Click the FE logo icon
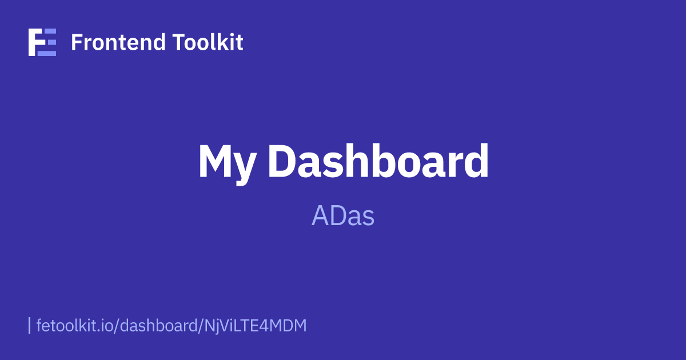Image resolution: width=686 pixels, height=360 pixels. tap(42, 42)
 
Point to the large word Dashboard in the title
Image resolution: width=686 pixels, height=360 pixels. tap(379, 162)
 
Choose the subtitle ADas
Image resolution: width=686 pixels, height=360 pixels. tap(343, 217)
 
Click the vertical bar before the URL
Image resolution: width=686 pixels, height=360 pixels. tap(29, 325)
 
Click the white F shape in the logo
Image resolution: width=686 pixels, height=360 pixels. tap(34, 42)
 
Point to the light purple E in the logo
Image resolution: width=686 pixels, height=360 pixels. tap(49, 42)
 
